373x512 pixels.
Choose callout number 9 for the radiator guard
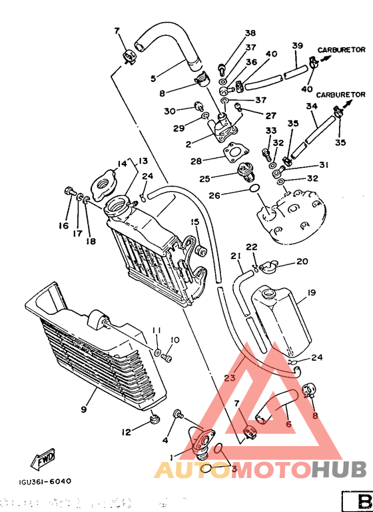[85, 409]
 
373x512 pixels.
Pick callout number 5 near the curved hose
[153, 78]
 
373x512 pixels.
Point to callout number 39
[297, 46]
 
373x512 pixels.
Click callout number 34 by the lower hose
[312, 106]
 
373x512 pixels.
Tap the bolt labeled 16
[69, 192]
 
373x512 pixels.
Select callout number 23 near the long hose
[229, 378]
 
